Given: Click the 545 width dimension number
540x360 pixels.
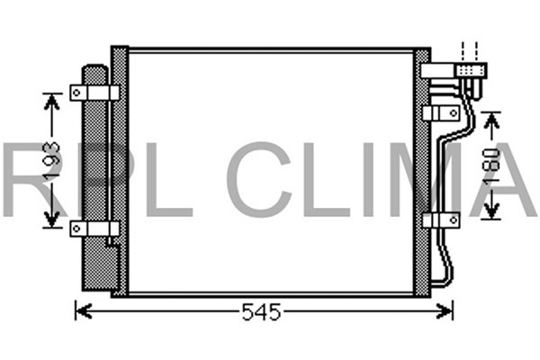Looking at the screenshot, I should [262, 312].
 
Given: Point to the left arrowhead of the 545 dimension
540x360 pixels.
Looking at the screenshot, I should [81, 312].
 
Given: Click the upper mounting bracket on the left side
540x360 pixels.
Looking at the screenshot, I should [94, 93].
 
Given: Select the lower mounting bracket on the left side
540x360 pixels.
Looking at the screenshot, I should [94, 229].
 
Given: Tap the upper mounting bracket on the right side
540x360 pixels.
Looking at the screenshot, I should [440, 112].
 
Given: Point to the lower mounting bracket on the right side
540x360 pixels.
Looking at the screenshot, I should [440, 220].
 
